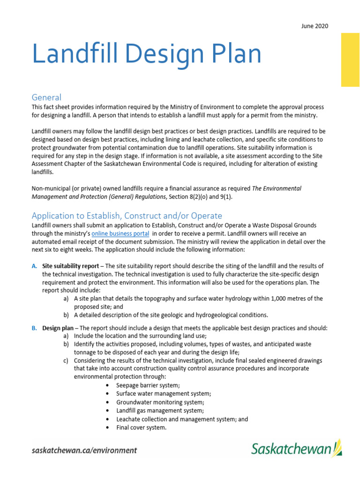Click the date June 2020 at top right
tap(314, 26)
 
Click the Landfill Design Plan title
tap(146, 54)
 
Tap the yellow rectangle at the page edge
tap(350, 60)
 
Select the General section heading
tap(46, 97)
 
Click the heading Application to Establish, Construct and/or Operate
tap(127, 216)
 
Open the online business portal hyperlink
tap(120, 233)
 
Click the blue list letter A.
tap(34, 266)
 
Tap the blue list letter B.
tap(34, 328)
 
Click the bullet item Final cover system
tap(141, 427)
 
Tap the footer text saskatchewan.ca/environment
tap(84, 450)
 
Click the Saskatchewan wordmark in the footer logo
tap(291, 449)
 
